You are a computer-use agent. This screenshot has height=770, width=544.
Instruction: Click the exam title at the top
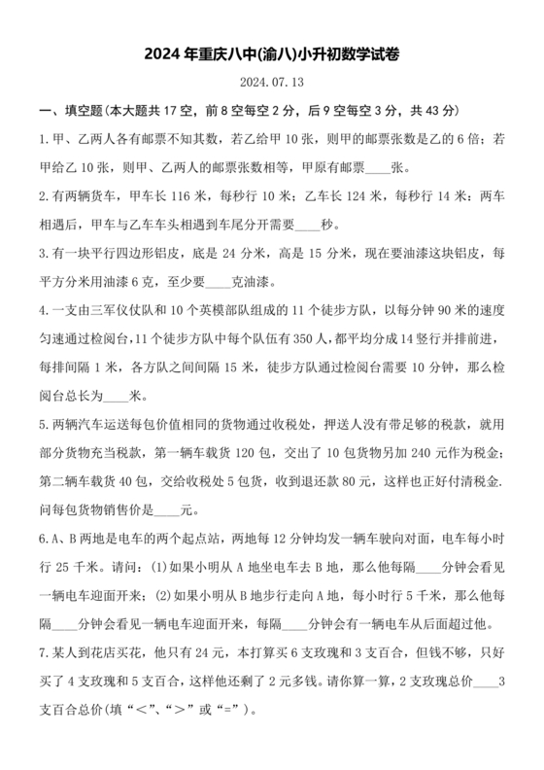coord(271,55)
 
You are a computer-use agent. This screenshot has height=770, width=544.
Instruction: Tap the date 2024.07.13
coord(271,84)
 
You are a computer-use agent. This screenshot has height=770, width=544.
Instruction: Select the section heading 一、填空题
coord(64,112)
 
